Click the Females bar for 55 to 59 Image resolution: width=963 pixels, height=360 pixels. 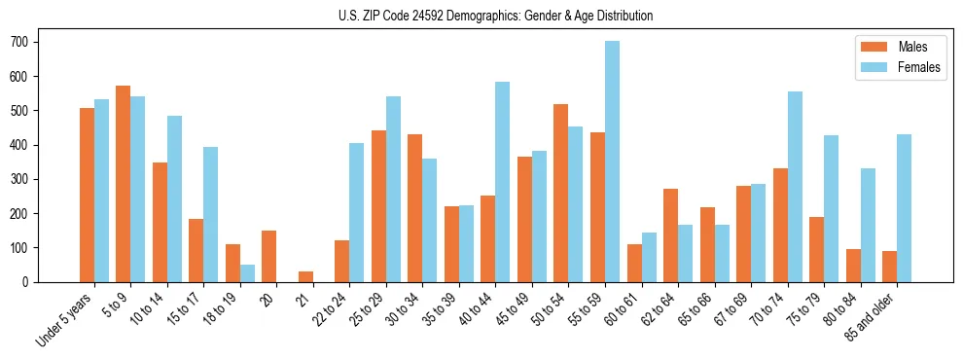[x=612, y=162]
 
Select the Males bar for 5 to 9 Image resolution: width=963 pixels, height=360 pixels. [x=123, y=184]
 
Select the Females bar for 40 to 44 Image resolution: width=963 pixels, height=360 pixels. [x=503, y=182]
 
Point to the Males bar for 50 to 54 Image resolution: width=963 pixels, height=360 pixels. [x=560, y=193]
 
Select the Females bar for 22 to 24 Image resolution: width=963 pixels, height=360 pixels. [x=357, y=212]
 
